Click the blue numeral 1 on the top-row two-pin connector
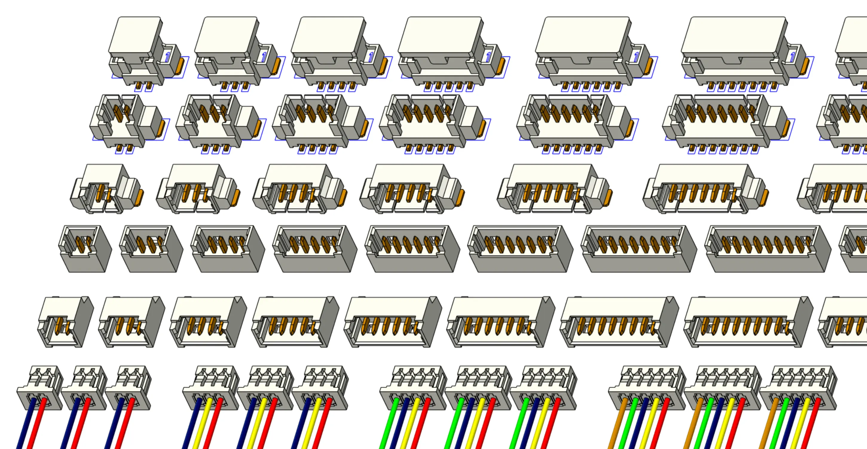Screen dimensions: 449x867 168,57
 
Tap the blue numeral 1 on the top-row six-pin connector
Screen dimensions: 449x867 636,57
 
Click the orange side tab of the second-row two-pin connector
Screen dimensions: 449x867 162,128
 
